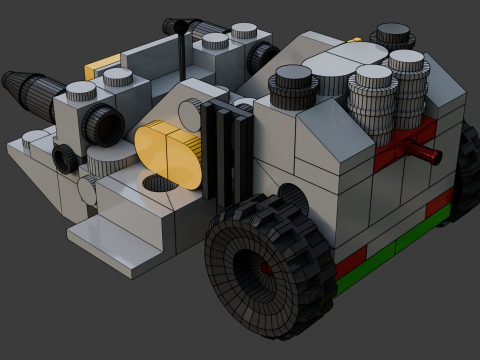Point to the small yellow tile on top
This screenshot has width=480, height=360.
101,67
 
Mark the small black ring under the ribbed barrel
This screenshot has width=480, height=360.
66,157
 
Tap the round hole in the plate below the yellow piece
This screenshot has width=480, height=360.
154,184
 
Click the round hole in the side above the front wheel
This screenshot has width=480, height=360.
291,196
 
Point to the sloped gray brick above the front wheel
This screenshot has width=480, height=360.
330,140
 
